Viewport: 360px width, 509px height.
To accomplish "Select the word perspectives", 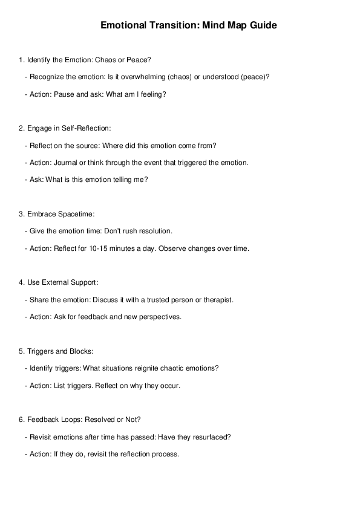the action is (160, 317).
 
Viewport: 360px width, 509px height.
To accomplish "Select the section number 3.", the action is (21, 214).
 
